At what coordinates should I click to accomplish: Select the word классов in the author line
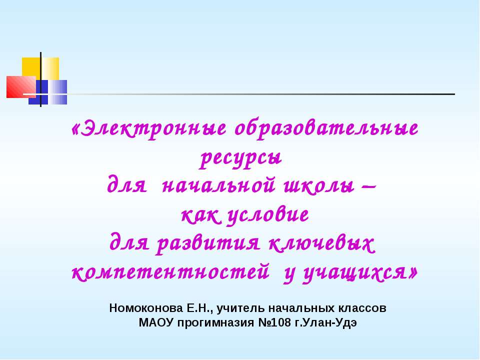coord(361,307)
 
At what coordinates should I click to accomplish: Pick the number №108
coord(273,321)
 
